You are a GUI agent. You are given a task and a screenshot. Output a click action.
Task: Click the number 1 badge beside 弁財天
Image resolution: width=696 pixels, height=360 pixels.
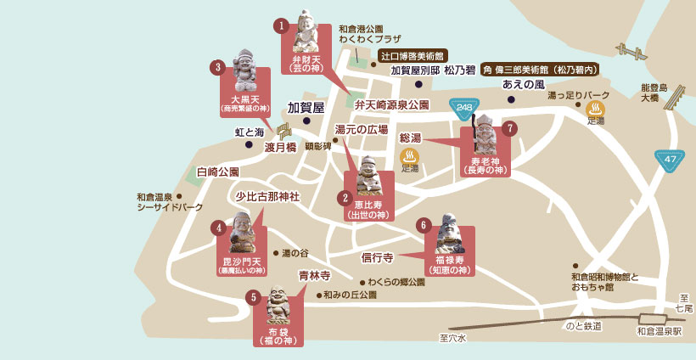pyautogui.click(x=282, y=25)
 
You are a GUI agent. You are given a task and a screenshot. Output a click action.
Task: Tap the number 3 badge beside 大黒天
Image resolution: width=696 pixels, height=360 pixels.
pyautogui.click(x=218, y=66)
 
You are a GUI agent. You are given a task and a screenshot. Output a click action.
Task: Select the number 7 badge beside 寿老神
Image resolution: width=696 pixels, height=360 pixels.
pyautogui.click(x=509, y=128)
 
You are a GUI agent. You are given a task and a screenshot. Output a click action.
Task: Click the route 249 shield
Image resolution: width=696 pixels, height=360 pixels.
pyautogui.click(x=463, y=107)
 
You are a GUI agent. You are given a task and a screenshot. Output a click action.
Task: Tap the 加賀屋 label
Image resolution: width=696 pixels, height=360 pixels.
pyautogui.click(x=306, y=108)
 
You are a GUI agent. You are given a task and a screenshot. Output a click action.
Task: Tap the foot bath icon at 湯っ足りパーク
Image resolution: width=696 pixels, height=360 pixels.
pyautogui.click(x=595, y=108)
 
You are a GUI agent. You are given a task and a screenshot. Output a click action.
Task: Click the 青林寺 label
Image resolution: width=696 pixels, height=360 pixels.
pyautogui.click(x=314, y=276)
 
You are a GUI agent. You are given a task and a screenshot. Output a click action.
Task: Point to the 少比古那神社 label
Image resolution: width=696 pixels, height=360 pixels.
pyautogui.click(x=268, y=196)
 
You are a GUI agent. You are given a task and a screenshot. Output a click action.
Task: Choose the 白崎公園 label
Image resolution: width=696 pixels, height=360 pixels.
pyautogui.click(x=218, y=172)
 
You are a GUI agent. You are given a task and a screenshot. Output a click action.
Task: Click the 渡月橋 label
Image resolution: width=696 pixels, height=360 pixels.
pyautogui.click(x=280, y=147)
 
